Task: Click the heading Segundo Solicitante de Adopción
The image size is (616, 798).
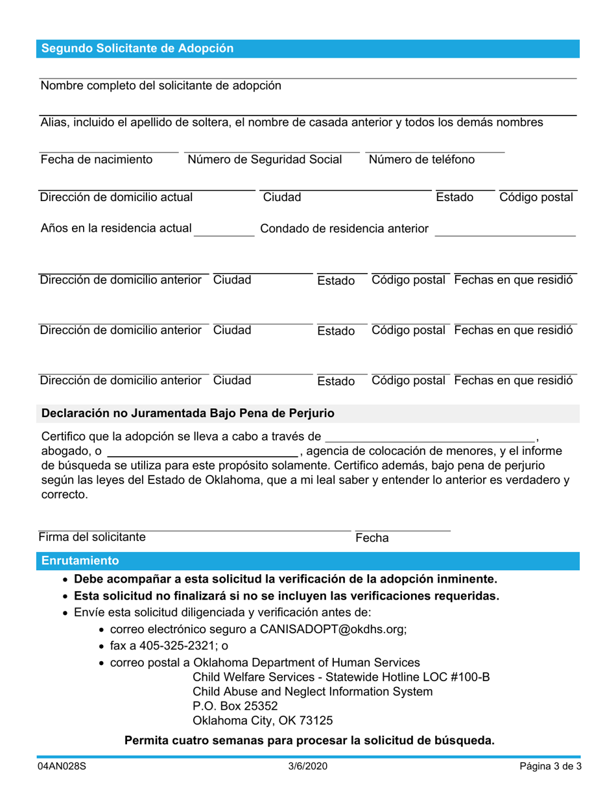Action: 137,49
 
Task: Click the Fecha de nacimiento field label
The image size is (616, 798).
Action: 97,160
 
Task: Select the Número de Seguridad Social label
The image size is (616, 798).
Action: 265,160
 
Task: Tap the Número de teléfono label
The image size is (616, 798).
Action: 421,160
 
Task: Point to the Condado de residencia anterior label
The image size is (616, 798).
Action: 344,228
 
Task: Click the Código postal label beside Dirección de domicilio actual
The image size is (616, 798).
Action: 536,197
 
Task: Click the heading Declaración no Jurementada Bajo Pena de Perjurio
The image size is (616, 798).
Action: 187,413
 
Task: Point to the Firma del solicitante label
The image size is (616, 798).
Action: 92,537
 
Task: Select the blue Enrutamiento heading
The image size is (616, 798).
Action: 80,561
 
